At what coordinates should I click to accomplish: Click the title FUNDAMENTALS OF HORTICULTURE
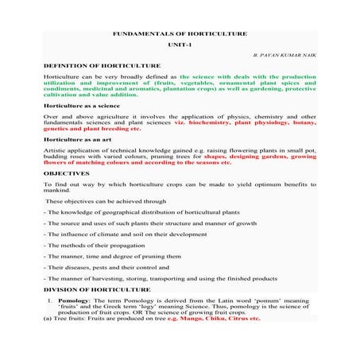pyautogui.click(x=180, y=34)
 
